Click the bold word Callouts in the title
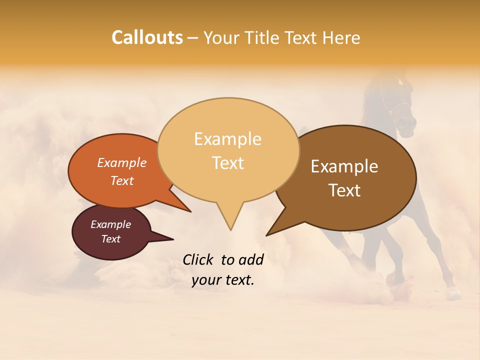(147, 37)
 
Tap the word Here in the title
(340, 38)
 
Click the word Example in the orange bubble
(121, 162)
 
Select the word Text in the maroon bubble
(110, 239)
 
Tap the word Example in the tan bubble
(227, 139)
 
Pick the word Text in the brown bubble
(345, 190)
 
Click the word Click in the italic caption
(198, 259)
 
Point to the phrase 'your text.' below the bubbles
(223, 280)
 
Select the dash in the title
(193, 38)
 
